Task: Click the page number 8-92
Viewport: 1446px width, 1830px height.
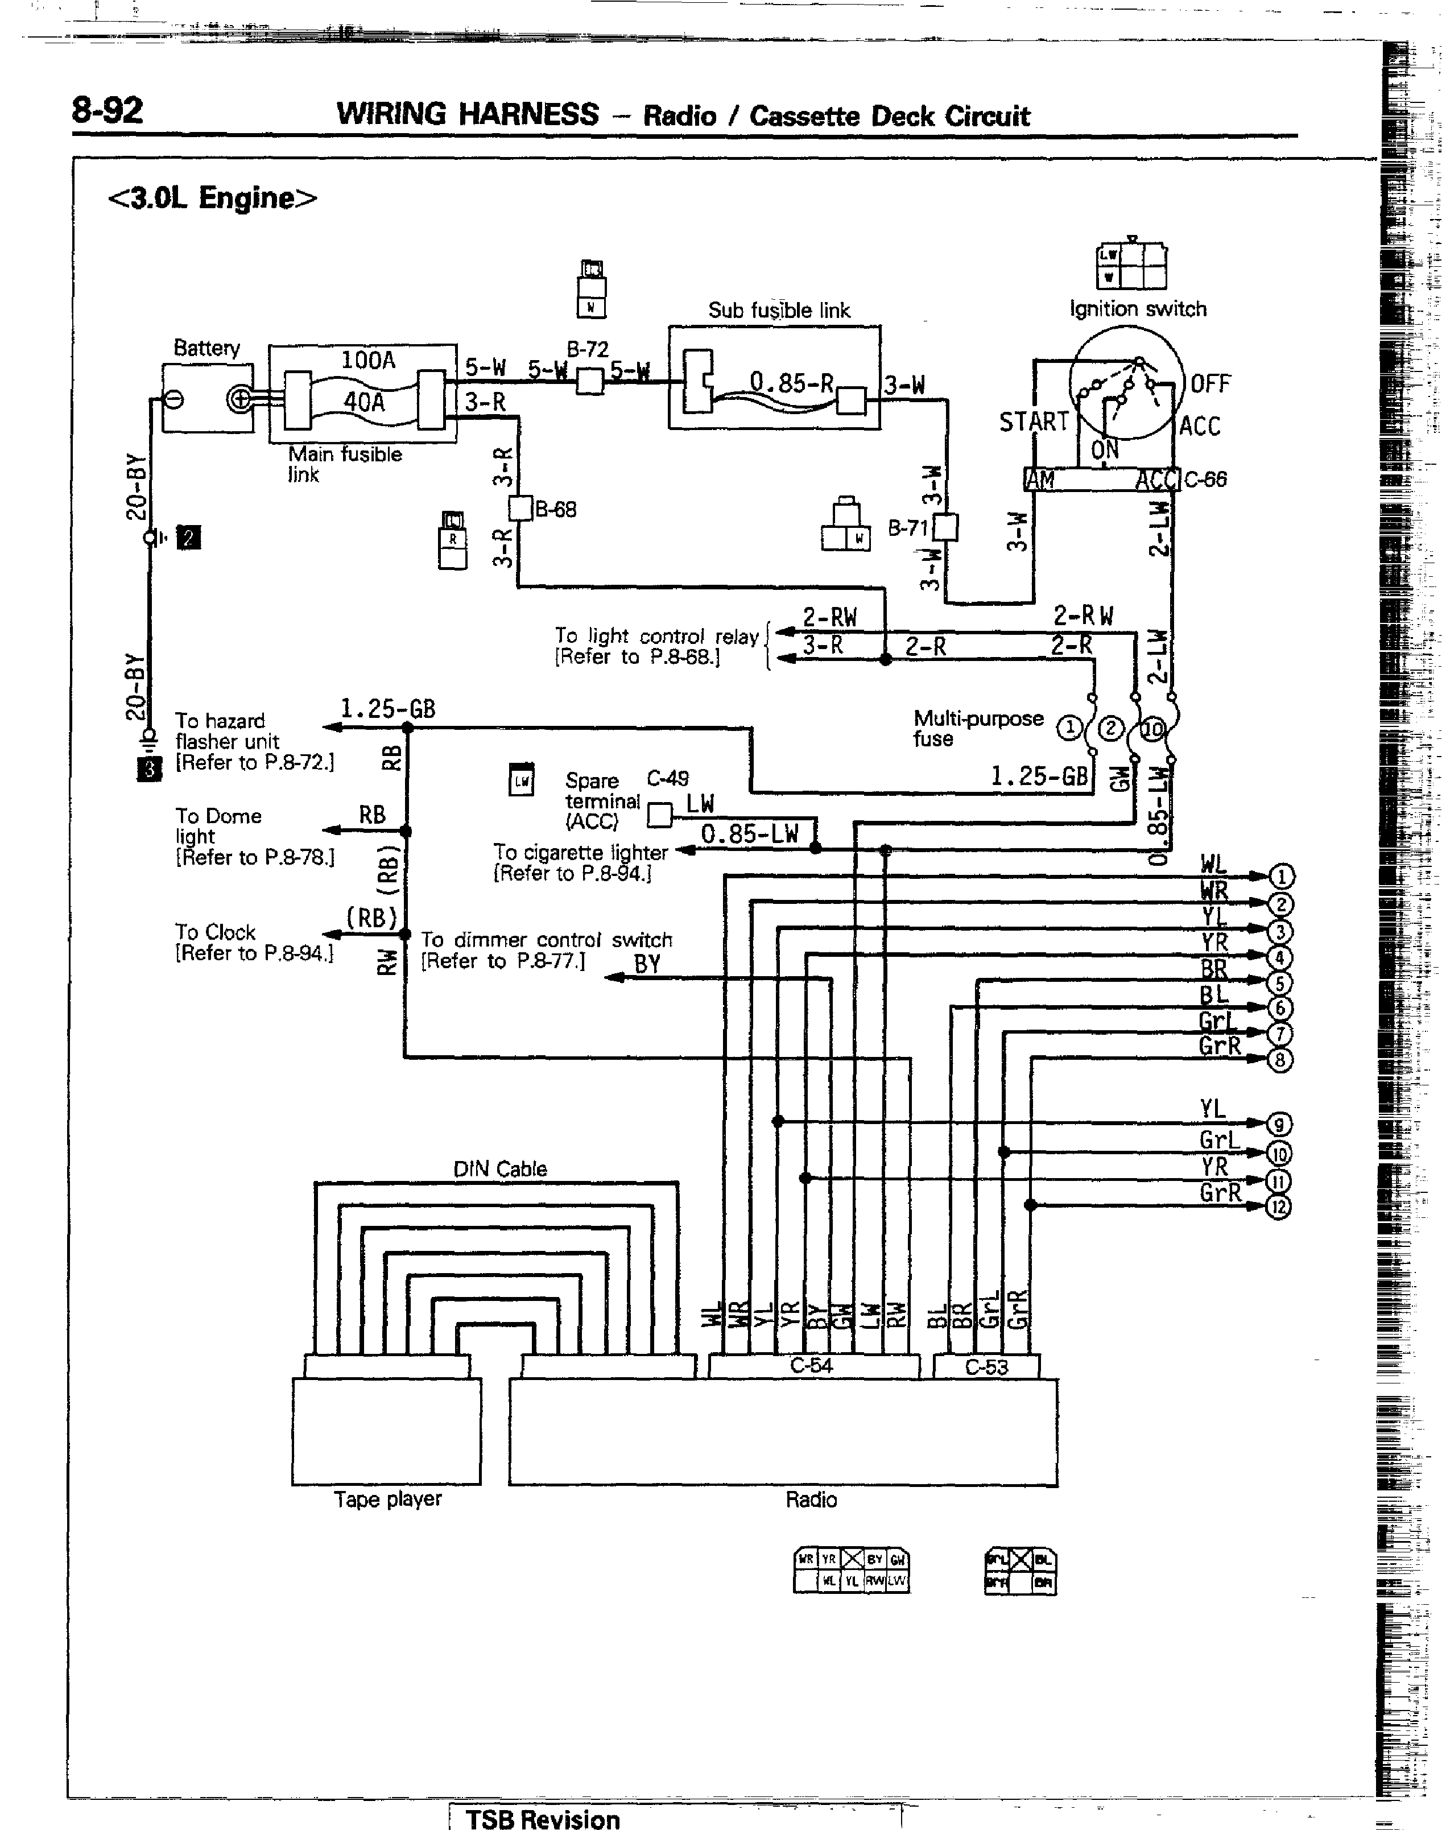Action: (x=108, y=111)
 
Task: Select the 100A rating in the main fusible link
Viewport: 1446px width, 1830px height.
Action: (x=367, y=361)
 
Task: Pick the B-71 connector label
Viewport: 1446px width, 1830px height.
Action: (x=907, y=528)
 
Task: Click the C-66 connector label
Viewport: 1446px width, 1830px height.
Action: (x=1205, y=480)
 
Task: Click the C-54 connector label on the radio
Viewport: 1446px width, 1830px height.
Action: (x=811, y=1365)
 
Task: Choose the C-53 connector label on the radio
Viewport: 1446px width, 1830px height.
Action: (x=986, y=1367)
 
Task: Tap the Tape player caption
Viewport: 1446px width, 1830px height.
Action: (x=388, y=1499)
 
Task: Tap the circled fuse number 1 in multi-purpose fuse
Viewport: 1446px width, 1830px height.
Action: (x=1069, y=728)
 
